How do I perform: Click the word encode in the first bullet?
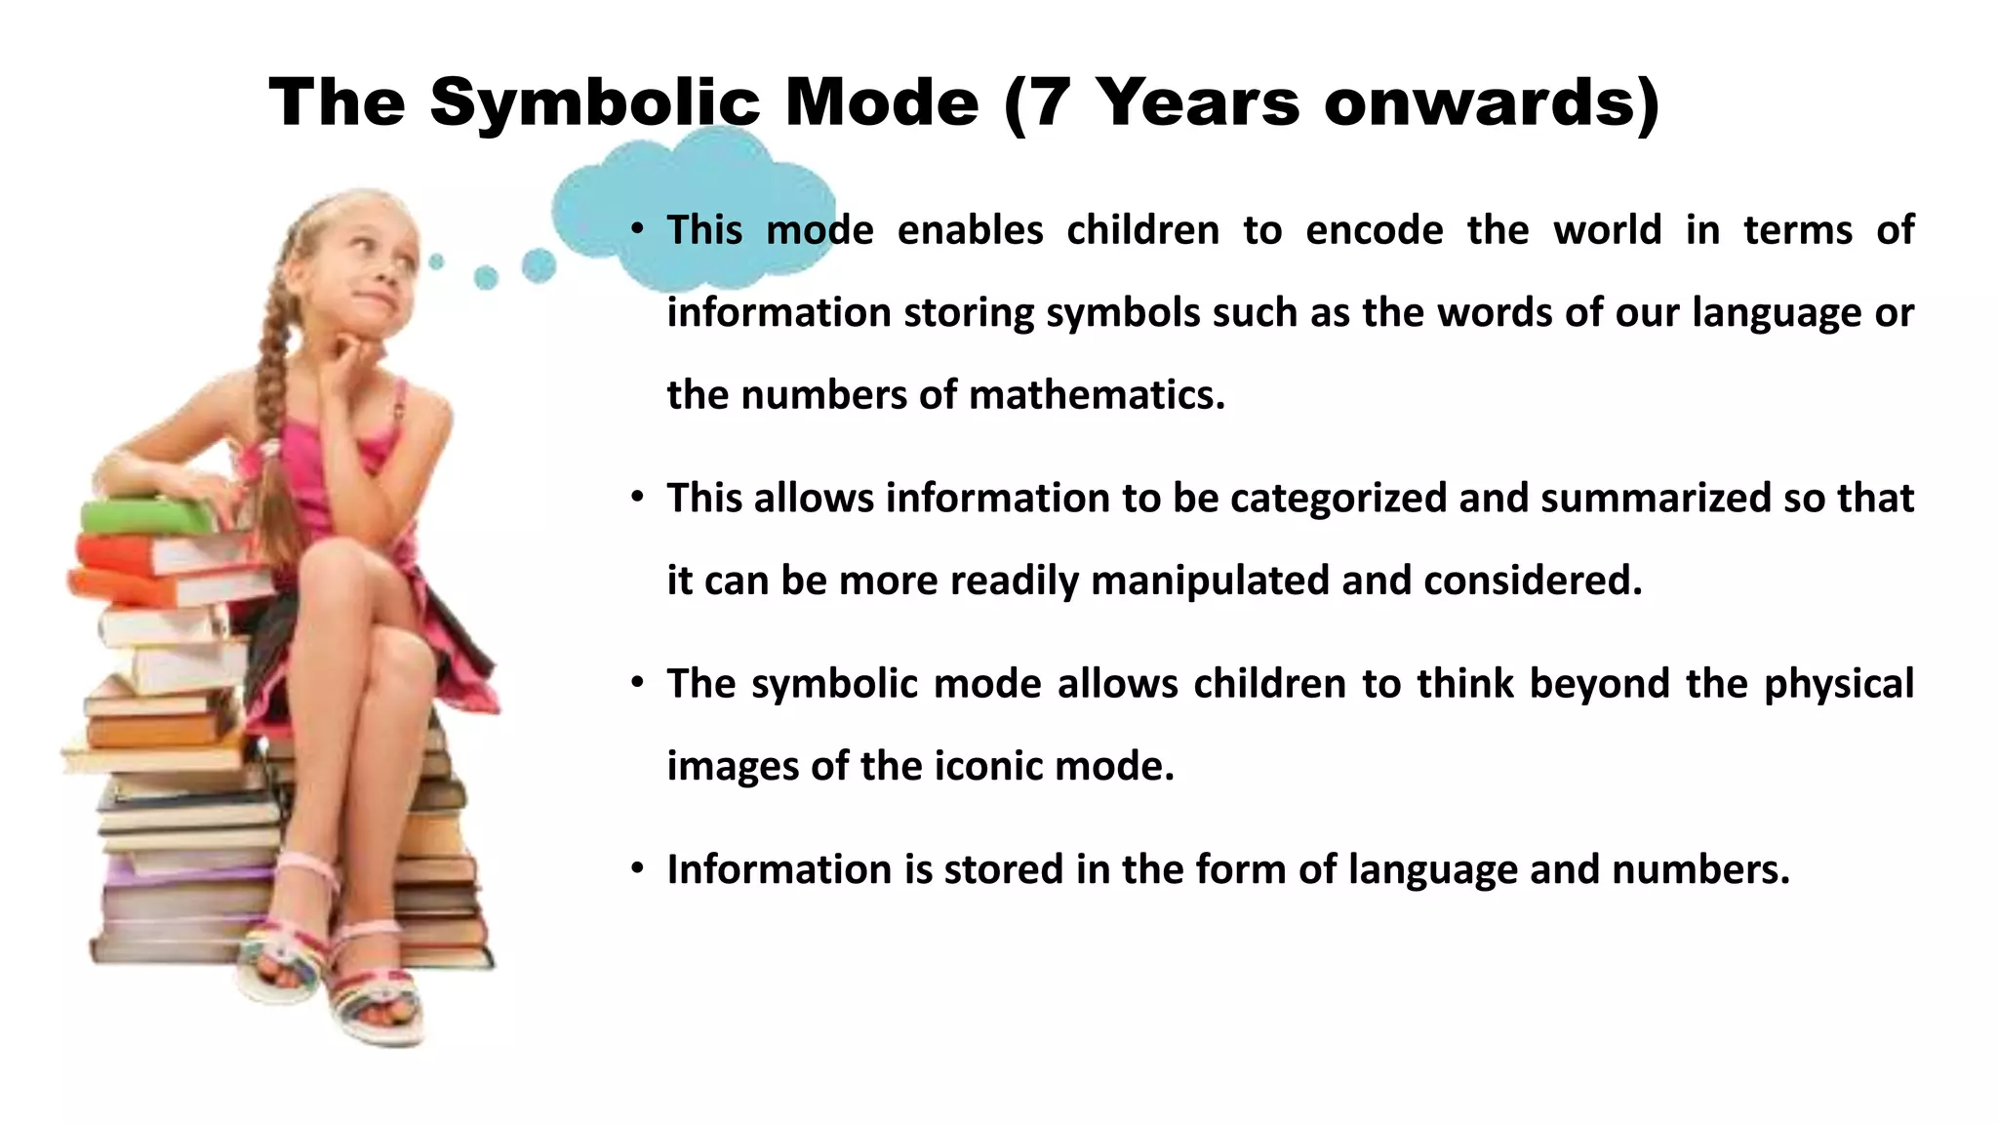click(x=1374, y=231)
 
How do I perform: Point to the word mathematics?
click(x=1097, y=396)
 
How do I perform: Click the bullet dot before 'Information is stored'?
click(x=637, y=867)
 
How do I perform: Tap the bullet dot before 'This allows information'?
click(x=637, y=497)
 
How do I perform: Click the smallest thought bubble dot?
click(x=436, y=261)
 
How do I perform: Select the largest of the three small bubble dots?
click(x=539, y=265)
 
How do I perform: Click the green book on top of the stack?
click(x=146, y=515)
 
